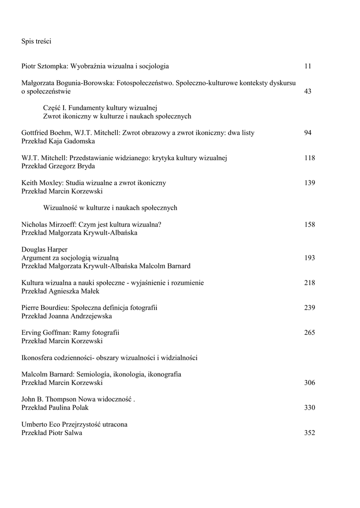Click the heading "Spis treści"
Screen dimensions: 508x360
pos(36,42)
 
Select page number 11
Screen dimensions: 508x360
pos(308,66)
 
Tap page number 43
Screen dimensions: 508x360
pos(308,91)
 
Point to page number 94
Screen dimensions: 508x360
pos(308,132)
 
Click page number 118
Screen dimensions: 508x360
pos(309,158)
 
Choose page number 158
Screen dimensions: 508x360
pos(309,224)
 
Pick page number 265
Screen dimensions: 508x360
pos(309,332)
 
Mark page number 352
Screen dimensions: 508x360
pos(309,433)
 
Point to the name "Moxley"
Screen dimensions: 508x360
pos(52,183)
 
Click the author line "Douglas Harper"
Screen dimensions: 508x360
pos(45,249)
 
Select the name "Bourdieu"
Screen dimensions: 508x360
pos(58,308)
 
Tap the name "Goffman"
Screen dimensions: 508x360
pos(57,332)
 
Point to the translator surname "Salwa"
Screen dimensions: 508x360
pos(73,433)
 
